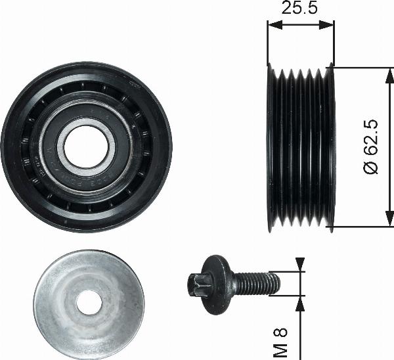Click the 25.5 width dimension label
tap(299, 7)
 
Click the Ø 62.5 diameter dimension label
tap(370, 146)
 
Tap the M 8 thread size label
tap(280, 342)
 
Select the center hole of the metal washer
tap(89, 303)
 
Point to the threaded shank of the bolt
tap(257, 284)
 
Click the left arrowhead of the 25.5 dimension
tap(275, 25)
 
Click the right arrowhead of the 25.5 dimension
tap(326, 25)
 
